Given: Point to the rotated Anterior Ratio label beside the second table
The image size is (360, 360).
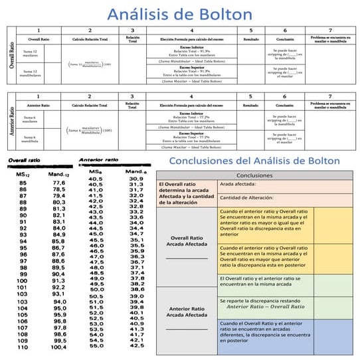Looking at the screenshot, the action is tap(9, 121).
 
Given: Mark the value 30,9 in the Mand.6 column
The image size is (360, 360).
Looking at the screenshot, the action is tap(137, 179).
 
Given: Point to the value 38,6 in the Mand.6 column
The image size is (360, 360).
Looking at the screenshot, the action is tap(137, 289).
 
